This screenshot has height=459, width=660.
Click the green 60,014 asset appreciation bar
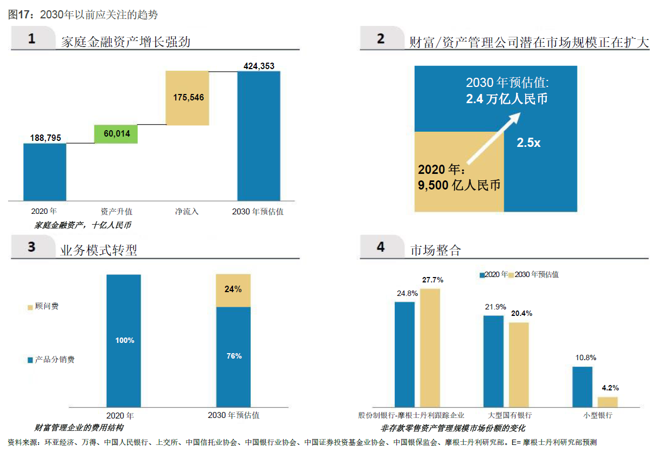(116, 134)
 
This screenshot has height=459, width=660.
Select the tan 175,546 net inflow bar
(188, 98)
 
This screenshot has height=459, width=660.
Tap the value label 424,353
(259, 66)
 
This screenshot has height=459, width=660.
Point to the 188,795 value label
(45, 138)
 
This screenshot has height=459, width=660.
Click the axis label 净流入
(187, 212)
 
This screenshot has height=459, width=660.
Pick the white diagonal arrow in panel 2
(494, 138)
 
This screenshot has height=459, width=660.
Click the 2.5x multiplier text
(528, 143)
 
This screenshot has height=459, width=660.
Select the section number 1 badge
(32, 39)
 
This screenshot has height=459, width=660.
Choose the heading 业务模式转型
(99, 250)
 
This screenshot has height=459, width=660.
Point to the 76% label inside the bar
(233, 356)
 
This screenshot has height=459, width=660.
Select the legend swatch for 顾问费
(30, 307)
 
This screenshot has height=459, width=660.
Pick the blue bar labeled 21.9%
(493, 361)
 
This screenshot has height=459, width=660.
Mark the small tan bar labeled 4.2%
(608, 401)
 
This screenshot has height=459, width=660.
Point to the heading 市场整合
(436, 250)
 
